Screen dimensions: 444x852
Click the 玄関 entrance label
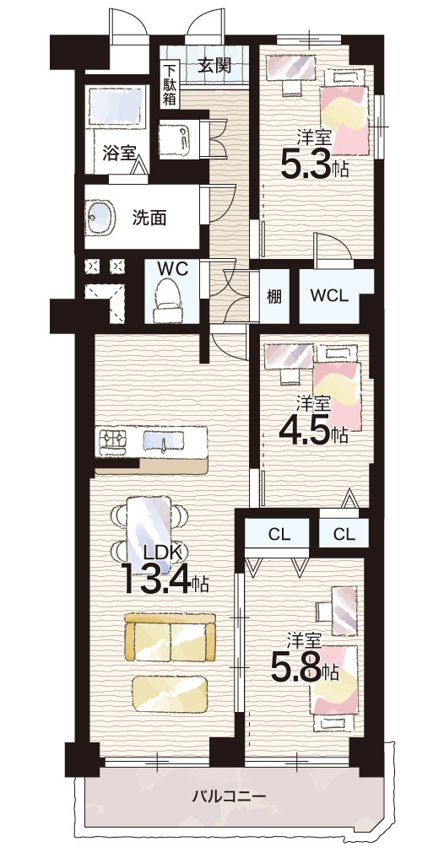214,66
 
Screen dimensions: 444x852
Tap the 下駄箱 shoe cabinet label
169,84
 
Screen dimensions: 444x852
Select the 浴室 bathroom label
118,153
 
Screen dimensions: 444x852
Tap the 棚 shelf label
274,297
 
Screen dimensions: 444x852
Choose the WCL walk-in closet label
329,297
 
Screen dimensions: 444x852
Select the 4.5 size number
305,432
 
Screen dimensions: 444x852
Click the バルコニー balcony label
230,796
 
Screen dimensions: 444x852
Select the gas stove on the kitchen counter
112,439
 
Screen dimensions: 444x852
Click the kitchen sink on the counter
164,441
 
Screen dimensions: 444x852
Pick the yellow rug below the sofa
171,694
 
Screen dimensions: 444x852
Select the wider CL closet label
279,534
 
